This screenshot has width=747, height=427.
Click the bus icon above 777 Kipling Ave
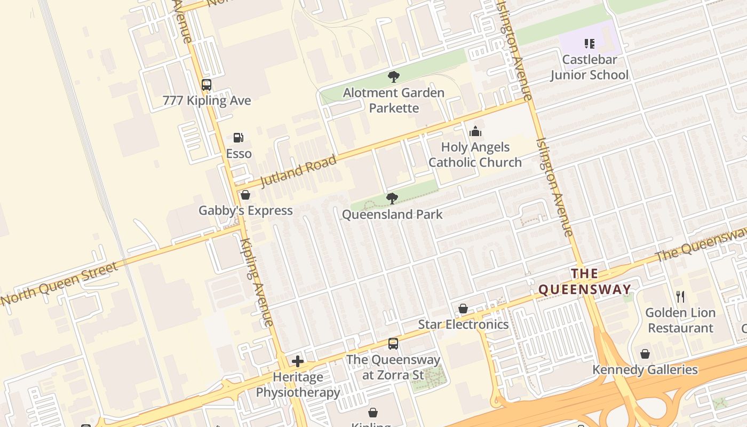(x=206, y=85)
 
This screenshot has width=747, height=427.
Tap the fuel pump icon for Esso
(x=239, y=138)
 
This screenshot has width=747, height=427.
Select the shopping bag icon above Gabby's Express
(x=245, y=195)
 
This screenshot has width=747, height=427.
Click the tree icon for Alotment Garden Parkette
(x=394, y=77)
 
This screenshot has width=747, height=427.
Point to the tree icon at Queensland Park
(x=392, y=199)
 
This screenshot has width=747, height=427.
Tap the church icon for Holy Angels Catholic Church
(x=475, y=131)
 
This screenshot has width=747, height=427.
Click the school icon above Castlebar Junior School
(x=590, y=44)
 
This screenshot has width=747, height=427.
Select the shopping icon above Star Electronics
(x=463, y=309)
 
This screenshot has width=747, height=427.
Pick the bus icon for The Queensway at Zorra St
(x=393, y=344)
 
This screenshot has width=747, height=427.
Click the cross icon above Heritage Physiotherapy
(x=298, y=361)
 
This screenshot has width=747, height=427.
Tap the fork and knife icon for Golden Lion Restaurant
(x=680, y=297)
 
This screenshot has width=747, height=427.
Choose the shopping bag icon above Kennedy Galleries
(x=645, y=354)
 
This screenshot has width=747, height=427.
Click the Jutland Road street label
(x=299, y=171)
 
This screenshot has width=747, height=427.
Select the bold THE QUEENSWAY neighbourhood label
(x=585, y=282)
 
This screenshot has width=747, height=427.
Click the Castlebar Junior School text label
(x=590, y=67)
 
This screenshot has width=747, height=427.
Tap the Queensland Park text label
(x=392, y=215)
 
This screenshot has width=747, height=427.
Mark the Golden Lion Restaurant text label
(x=680, y=320)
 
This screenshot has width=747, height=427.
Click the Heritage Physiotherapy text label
(x=298, y=385)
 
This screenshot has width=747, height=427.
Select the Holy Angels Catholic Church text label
(x=475, y=155)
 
